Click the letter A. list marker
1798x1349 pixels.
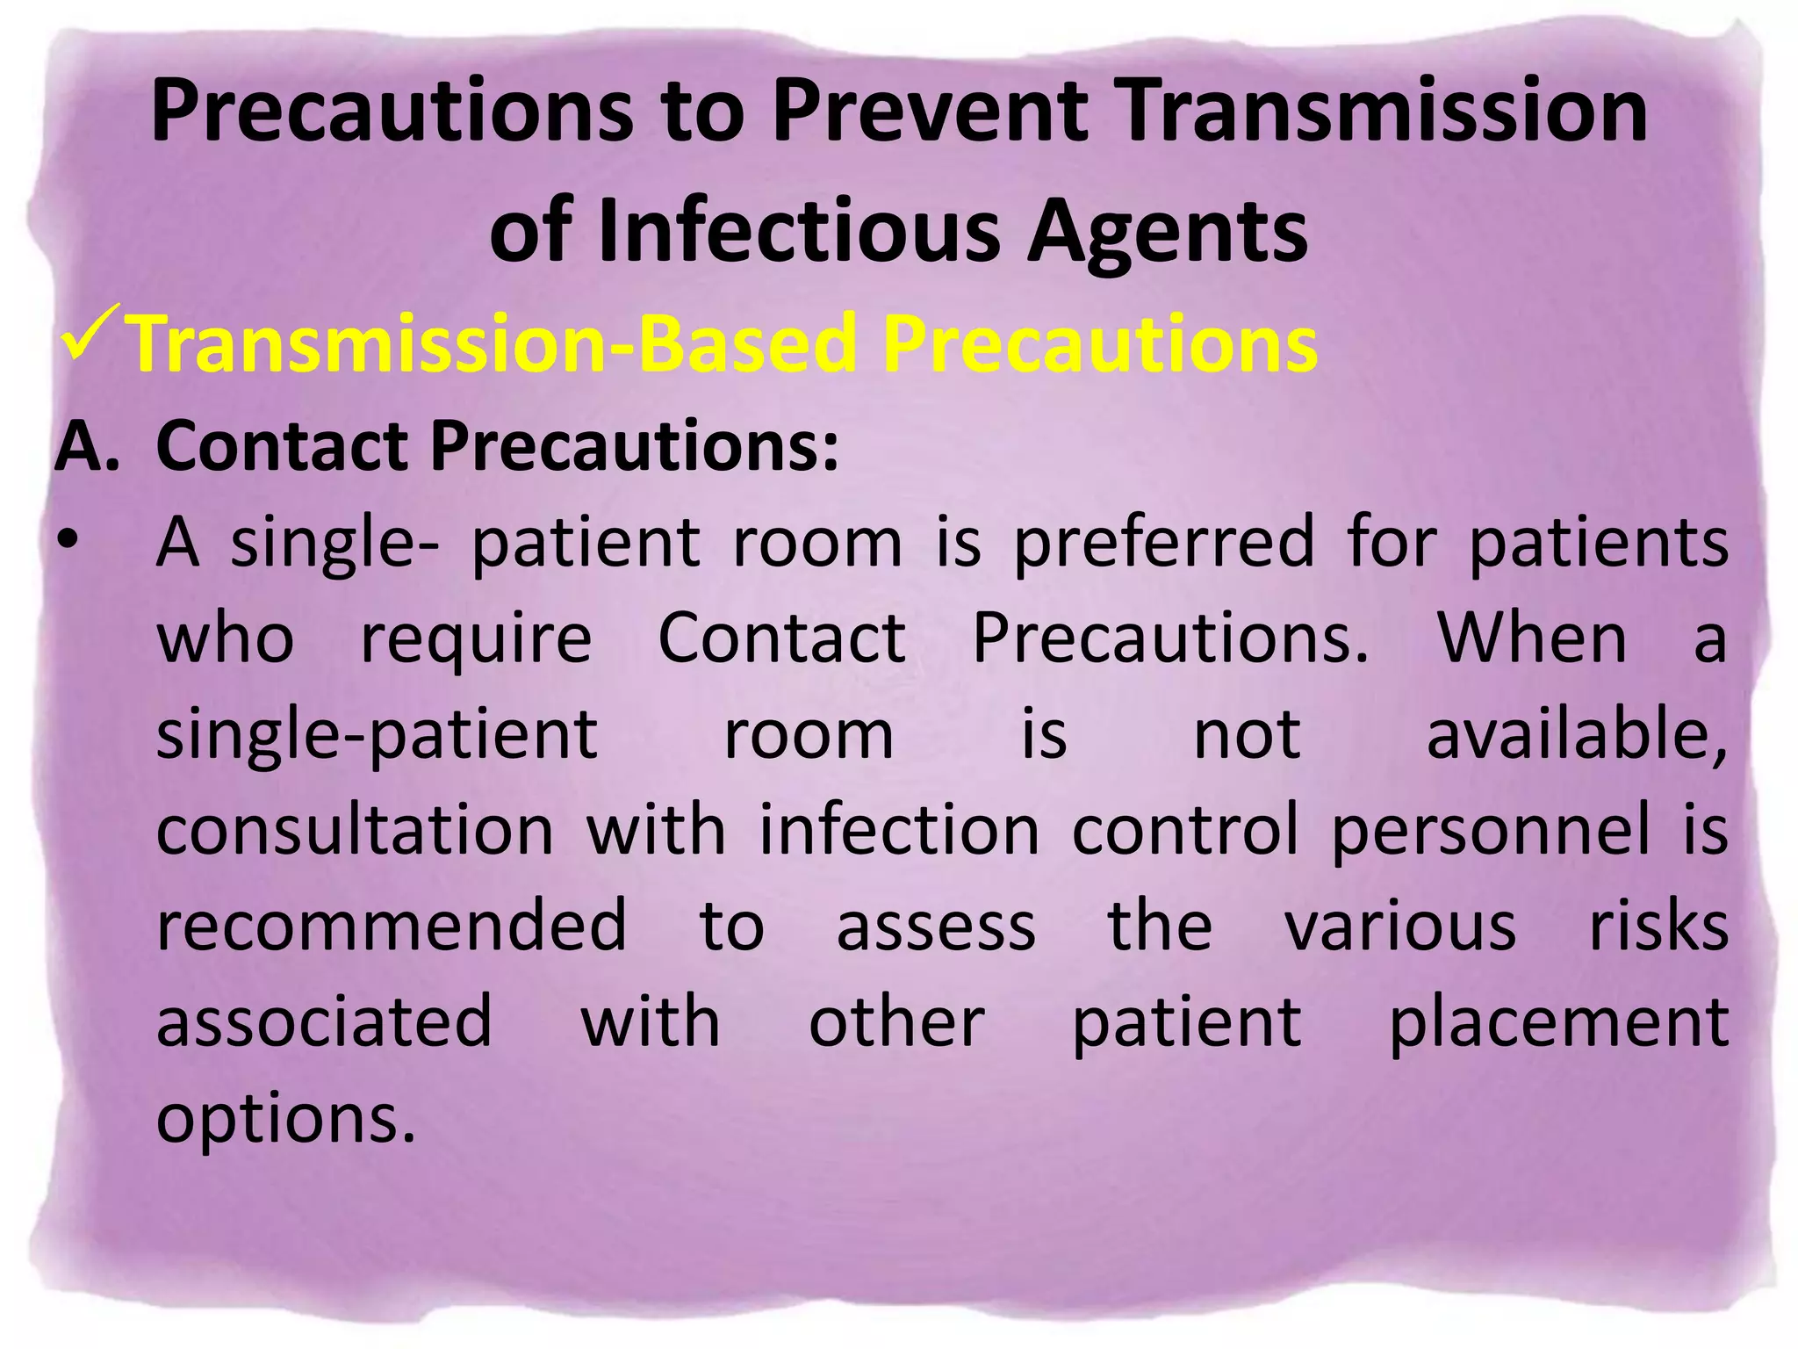point(86,446)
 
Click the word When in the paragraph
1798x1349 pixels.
point(1532,638)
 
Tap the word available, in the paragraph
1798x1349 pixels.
point(1576,734)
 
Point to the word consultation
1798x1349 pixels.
point(355,830)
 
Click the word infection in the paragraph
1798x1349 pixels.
point(898,830)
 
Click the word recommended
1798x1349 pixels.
point(392,926)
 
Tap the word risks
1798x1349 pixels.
point(1658,926)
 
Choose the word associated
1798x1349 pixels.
point(324,1022)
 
